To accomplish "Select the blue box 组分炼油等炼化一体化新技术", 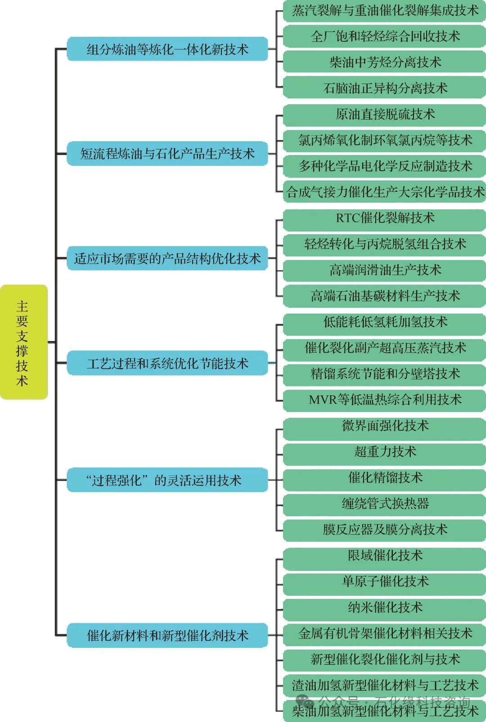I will click(167, 49).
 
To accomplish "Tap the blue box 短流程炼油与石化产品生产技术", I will click(167, 154).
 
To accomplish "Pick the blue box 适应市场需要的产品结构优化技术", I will click(167, 258).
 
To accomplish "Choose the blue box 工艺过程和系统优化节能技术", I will click(167, 363).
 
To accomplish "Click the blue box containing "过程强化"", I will click(167, 480).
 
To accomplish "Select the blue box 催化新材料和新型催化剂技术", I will click(167, 635).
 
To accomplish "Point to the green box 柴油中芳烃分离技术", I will click(385, 62).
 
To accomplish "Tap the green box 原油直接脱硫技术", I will click(385, 115).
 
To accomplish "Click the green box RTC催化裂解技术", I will click(385, 218).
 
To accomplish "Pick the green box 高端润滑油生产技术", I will click(385, 270).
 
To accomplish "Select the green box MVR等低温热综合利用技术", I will click(385, 399).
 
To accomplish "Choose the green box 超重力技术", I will click(385, 452).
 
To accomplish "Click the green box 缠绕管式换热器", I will click(385, 504).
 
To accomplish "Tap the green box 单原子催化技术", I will click(385, 581).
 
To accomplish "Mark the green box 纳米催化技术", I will click(385, 607).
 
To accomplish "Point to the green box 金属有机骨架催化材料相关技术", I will click(385, 633).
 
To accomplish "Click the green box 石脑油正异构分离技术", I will click(385, 88).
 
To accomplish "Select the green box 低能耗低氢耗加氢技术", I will click(385, 322).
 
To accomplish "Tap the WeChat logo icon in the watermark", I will click(305, 702).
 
